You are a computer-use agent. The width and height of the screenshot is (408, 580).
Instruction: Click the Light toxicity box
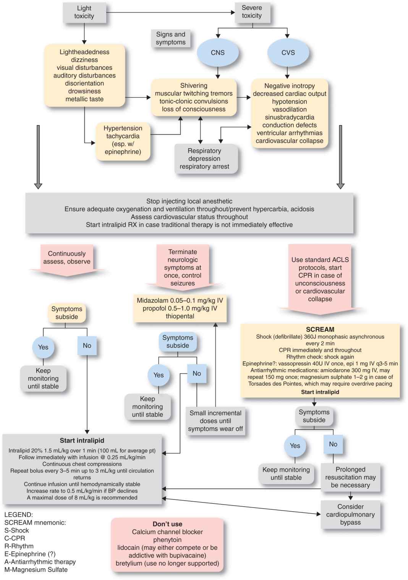point(84,12)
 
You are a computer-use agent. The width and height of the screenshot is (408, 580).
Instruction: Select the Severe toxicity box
point(252,12)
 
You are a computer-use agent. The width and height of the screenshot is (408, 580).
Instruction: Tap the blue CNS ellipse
point(218,53)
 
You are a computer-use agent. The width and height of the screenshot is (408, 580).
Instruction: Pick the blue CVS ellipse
point(288,53)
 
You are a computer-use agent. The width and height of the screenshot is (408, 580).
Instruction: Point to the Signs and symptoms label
point(170,38)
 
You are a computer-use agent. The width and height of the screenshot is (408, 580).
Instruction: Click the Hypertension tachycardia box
point(123,140)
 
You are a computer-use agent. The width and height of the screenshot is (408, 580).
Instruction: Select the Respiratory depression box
point(205,158)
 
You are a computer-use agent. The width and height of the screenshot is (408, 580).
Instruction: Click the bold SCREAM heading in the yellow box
point(320,329)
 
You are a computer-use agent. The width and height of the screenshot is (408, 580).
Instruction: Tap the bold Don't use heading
point(167,524)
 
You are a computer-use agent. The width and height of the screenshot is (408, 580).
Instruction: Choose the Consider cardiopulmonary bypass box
point(350,514)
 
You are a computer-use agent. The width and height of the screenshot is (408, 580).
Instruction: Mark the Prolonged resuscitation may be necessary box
point(350,477)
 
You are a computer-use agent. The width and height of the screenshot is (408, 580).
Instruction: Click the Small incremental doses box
point(215,421)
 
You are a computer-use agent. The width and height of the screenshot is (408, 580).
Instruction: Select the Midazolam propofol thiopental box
point(180,308)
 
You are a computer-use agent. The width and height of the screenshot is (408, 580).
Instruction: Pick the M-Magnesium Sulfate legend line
point(36,570)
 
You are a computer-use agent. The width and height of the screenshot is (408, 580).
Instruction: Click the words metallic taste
point(84,99)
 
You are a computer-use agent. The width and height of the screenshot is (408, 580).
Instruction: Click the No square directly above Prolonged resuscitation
point(333,444)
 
